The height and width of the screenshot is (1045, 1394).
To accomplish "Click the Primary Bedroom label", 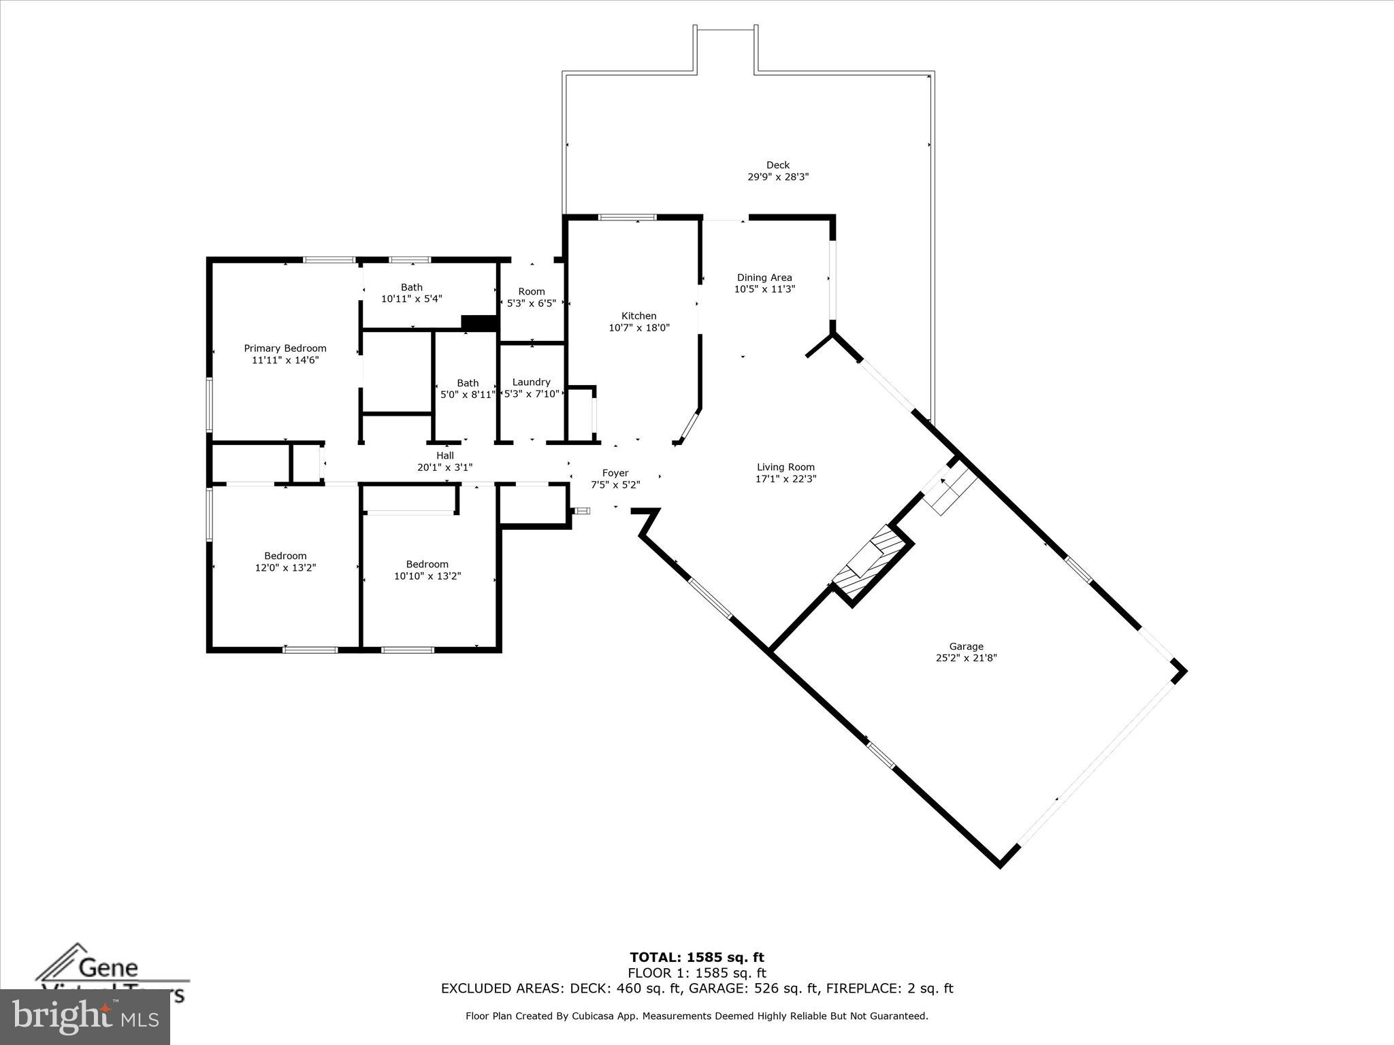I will click(285, 348).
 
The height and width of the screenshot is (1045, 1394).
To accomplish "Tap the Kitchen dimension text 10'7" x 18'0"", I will click(638, 328).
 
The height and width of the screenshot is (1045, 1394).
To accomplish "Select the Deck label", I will click(777, 165).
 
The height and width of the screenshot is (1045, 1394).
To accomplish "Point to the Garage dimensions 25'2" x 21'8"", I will click(966, 658).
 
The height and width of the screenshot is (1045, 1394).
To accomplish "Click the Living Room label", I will click(785, 467).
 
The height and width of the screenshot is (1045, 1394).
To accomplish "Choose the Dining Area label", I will click(764, 278).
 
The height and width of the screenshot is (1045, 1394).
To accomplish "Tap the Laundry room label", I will click(531, 382).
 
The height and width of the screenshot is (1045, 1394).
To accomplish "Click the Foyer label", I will click(615, 473).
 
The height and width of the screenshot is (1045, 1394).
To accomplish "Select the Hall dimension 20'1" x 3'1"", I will click(444, 467).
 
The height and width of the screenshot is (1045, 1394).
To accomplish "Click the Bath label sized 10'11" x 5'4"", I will click(411, 288).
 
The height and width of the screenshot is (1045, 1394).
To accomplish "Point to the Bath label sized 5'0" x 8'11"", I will click(468, 383).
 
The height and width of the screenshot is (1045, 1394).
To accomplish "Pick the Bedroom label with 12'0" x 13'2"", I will click(285, 556).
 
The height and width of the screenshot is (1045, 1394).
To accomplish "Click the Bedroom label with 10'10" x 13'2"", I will click(427, 564).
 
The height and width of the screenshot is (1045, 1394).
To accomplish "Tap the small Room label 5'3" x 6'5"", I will click(531, 292).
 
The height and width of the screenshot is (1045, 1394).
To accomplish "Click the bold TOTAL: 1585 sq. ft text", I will click(696, 958).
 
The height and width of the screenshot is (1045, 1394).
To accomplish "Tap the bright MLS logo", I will click(85, 1016).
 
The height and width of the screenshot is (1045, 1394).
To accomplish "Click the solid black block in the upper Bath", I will click(479, 322).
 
